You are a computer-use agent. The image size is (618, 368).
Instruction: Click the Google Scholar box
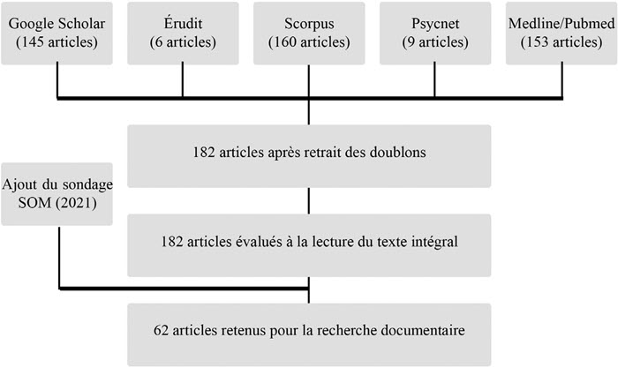pos(57,34)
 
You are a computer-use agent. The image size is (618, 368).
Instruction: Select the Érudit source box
pos(183,34)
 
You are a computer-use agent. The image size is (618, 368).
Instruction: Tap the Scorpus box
pos(309,34)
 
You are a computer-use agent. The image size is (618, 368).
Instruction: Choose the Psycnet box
pos(435,34)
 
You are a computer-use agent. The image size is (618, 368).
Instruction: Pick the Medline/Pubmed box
pos(561,34)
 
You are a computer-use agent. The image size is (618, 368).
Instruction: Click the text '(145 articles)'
pos(57,42)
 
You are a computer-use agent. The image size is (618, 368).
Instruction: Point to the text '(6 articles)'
pos(183,42)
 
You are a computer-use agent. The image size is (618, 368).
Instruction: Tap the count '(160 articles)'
pos(309,42)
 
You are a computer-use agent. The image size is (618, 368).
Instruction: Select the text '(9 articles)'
pos(435,42)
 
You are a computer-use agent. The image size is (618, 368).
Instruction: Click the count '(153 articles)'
pos(561,42)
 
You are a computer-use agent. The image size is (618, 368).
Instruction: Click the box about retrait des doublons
pos(309,156)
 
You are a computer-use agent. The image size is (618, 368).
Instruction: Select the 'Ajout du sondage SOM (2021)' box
pos(57,194)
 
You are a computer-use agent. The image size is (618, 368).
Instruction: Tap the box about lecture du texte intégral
pos(309,245)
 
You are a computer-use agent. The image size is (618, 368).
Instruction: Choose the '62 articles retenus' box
pos(309,334)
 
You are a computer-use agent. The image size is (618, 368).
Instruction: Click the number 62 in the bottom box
pos(161,330)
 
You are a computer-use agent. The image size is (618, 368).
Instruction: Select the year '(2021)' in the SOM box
pos(76,203)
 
